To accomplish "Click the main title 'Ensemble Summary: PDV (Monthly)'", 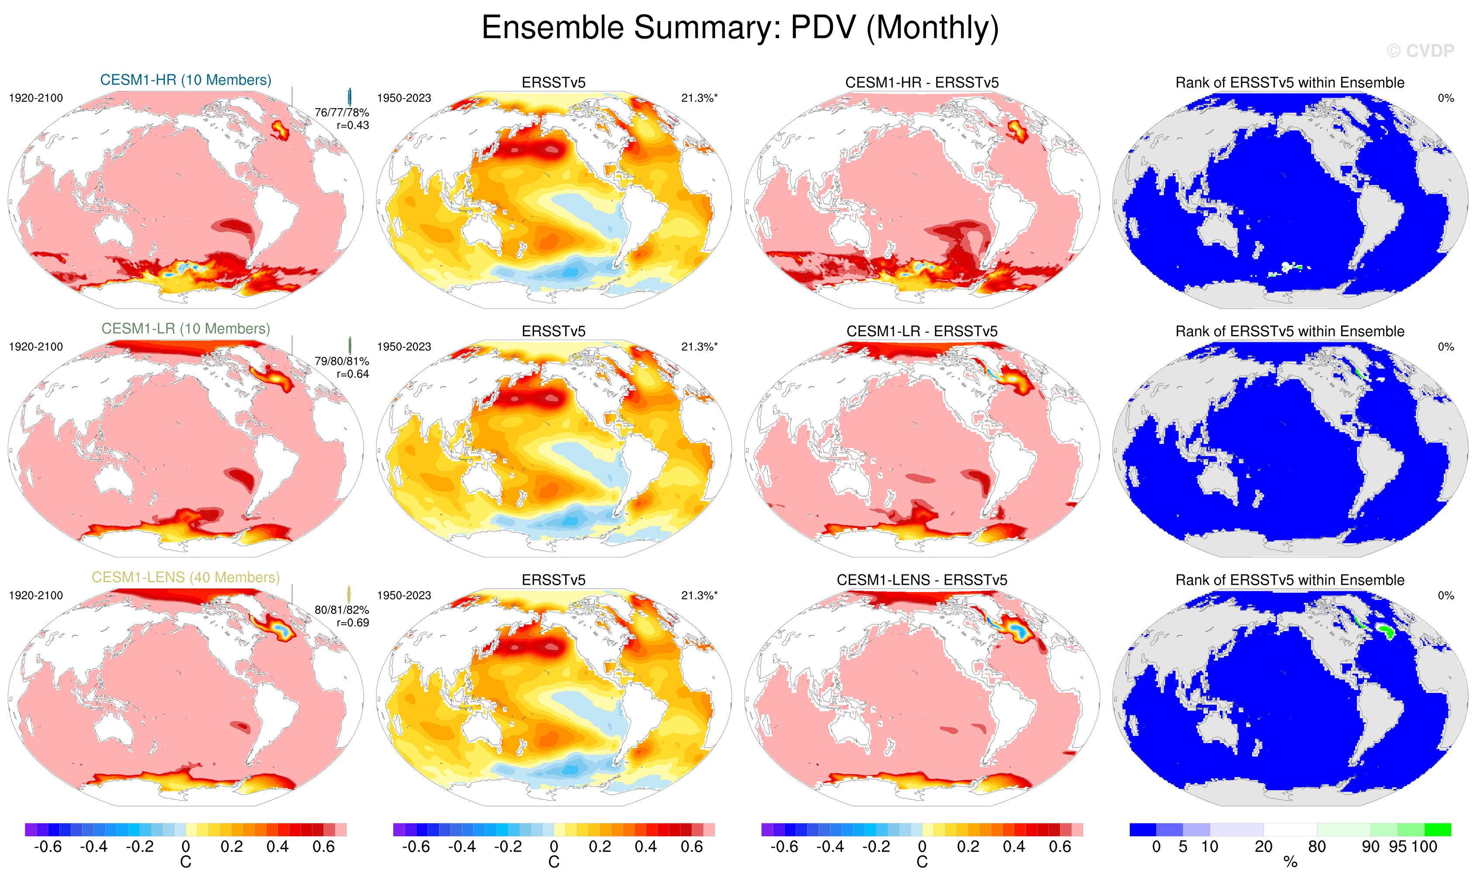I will pyautogui.click(x=739, y=28).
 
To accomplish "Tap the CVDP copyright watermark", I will pyautogui.click(x=1420, y=51).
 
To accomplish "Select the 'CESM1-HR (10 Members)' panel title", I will pyautogui.click(x=185, y=80).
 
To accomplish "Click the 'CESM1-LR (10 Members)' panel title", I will pyautogui.click(x=185, y=329).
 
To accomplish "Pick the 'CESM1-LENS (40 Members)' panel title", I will pyautogui.click(x=185, y=577).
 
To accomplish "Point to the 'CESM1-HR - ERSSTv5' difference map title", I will pyautogui.click(x=922, y=83).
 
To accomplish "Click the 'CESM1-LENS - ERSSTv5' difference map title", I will pyautogui.click(x=922, y=580).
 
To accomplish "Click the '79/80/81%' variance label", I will pyautogui.click(x=342, y=362).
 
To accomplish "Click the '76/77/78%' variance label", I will pyautogui.click(x=342, y=112).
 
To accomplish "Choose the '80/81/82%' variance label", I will pyautogui.click(x=342, y=610).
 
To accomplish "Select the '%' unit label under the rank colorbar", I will pyautogui.click(x=1290, y=862).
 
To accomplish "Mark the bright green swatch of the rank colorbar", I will pyautogui.click(x=1438, y=830).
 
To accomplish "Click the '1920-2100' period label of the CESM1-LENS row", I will pyautogui.click(x=36, y=596).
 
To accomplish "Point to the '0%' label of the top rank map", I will pyautogui.click(x=1446, y=98).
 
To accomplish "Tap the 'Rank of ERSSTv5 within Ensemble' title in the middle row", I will pyautogui.click(x=1290, y=332).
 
